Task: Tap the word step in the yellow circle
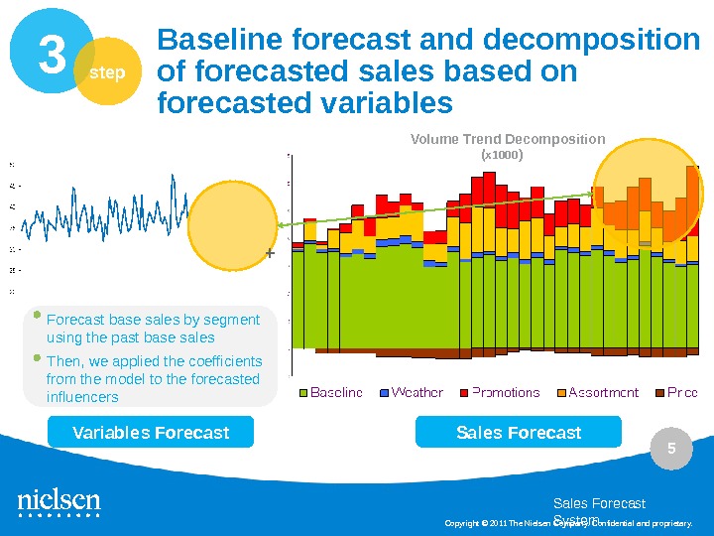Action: click(x=108, y=72)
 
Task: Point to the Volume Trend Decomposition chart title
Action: click(x=508, y=139)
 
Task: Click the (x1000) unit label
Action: click(x=501, y=156)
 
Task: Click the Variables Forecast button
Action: click(x=151, y=432)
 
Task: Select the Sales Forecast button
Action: click(x=518, y=432)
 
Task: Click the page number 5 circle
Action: click(x=671, y=450)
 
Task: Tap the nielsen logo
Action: click(x=59, y=501)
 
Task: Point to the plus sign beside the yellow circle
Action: click(x=269, y=254)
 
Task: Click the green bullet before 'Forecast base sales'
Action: click(x=38, y=317)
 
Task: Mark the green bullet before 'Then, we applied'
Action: click(x=38, y=357)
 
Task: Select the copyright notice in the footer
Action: click(x=567, y=523)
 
